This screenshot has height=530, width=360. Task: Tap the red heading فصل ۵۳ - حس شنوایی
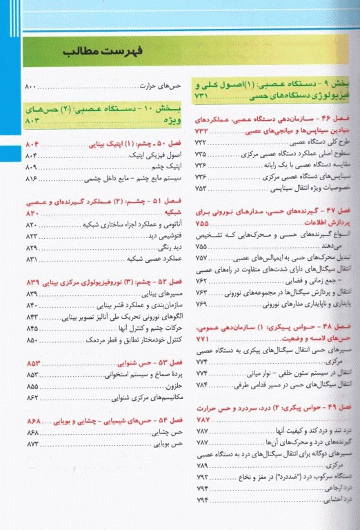tap(145, 363)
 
